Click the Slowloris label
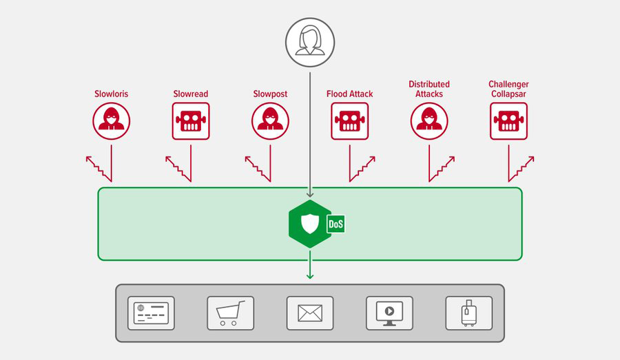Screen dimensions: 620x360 coord(111,94)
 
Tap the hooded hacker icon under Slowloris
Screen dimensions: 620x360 coord(112,121)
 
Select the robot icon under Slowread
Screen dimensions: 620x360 coord(191,121)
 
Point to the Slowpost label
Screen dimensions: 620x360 coord(270,94)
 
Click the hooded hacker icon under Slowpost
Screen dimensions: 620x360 coord(271,121)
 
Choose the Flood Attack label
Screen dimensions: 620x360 coord(349,94)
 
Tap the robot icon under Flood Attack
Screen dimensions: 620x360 coord(350,121)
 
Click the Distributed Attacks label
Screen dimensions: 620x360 coord(429,89)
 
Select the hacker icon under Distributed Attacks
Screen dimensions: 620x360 coord(429,121)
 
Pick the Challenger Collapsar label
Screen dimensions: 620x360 coord(508,89)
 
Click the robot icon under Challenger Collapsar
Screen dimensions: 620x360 coord(509,121)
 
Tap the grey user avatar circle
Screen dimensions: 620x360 coord(310,42)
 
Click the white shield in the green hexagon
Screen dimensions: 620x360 coord(310,224)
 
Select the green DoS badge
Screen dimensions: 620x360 coord(335,224)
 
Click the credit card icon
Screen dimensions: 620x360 coord(151,313)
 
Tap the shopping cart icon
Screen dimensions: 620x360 coord(231,313)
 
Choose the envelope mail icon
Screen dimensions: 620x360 coord(310,313)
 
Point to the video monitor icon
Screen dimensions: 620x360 coord(389,313)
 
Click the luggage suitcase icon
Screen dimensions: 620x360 coord(469,313)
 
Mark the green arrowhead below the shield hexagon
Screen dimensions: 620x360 coord(310,276)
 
